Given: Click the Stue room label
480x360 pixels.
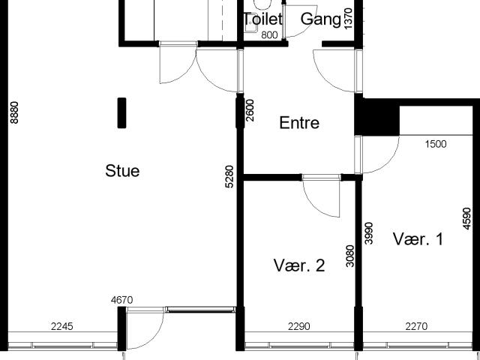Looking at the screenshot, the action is (122, 171).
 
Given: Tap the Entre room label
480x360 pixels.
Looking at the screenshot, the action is (299, 123).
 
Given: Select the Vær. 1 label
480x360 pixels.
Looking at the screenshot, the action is (418, 239).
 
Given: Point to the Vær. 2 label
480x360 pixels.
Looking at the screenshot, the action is (299, 265).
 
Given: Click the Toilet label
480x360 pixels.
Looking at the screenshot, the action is (262, 19).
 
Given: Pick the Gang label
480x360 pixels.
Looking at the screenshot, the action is (320, 19).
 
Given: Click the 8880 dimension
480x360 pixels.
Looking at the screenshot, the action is (14, 112).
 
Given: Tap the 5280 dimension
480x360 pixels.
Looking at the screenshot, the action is (229, 176).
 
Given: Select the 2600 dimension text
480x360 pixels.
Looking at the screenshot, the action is (250, 110).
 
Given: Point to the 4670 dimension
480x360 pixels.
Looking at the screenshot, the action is (121, 300).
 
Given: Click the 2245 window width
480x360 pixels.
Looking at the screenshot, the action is (62, 327).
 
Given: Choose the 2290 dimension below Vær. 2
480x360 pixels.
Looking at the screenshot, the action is (299, 327).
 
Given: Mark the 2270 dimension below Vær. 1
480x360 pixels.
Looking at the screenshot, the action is (417, 327).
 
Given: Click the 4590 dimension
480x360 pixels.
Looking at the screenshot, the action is (466, 218).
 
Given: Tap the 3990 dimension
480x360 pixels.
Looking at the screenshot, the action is (369, 233).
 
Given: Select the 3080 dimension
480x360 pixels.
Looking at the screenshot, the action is (350, 256).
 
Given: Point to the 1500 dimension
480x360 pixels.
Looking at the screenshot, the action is (436, 144).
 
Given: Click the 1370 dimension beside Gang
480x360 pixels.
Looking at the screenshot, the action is (348, 19).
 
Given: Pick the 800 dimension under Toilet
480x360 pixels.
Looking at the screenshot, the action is (269, 35).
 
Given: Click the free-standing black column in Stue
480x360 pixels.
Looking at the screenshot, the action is (121, 112).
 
